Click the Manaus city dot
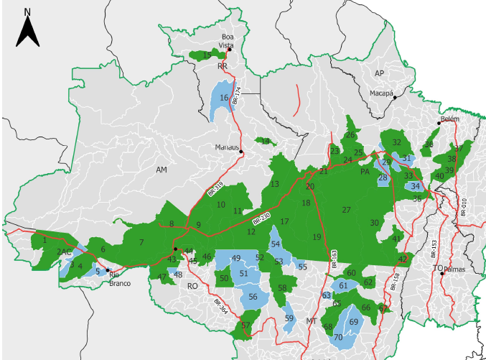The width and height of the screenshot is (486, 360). click(241, 152)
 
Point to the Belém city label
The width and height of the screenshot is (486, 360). click(450, 119)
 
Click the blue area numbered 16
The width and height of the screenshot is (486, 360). click(223, 98)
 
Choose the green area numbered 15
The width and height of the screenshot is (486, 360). click(207, 55)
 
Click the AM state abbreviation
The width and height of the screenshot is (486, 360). click(161, 169)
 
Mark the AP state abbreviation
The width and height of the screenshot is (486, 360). click(380, 74)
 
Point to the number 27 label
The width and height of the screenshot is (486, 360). click(346, 210)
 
